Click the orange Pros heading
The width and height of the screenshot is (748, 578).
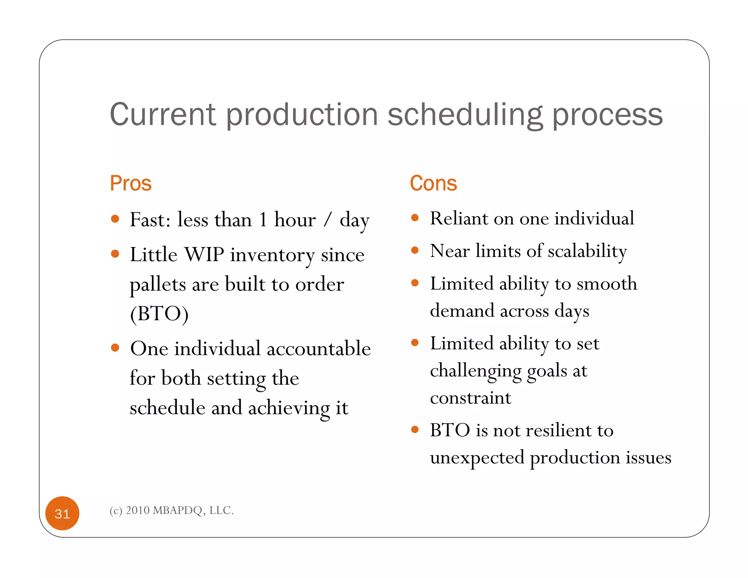tap(130, 183)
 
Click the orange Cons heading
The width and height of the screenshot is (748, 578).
tap(433, 183)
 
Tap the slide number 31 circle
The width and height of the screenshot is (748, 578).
tap(62, 513)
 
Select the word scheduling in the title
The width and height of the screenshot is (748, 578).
tap(465, 115)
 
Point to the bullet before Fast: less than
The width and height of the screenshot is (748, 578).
tap(115, 219)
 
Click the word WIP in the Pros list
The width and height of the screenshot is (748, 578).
tap(204, 254)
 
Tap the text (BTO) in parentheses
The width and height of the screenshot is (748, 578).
tap(159, 314)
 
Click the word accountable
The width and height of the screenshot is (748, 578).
tap(318, 348)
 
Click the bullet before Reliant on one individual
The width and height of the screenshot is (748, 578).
tap(415, 218)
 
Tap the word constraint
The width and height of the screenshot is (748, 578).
tap(470, 398)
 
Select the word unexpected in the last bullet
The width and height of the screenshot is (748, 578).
tap(477, 458)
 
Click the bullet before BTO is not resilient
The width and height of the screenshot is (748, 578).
tap(415, 429)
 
